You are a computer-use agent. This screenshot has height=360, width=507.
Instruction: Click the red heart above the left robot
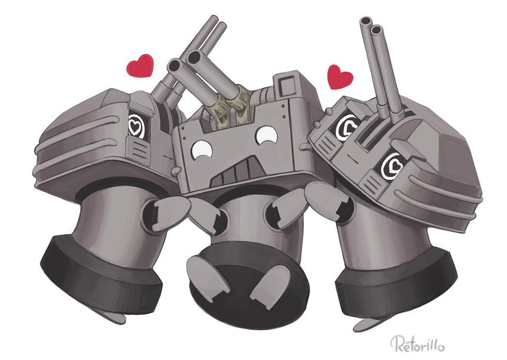tap(140, 66)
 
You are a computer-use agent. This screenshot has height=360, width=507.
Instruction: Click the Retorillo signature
tap(417, 345)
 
